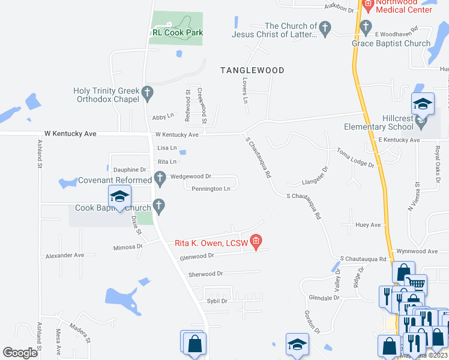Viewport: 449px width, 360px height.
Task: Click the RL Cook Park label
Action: [178, 32]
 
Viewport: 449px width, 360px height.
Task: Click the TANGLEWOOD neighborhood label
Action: [252, 70]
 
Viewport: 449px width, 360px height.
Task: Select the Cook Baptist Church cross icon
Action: [159, 206]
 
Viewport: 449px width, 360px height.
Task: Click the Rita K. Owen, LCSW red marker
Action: [256, 242]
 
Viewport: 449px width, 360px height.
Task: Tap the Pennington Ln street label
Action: [211, 189]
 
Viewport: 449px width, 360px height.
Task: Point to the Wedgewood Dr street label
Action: [191, 176]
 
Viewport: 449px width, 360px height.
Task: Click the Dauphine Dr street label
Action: [130, 170]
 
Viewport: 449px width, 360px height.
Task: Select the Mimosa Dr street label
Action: [127, 247]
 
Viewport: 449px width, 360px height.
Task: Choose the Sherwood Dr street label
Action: [205, 274]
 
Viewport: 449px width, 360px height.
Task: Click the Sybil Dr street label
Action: [217, 301]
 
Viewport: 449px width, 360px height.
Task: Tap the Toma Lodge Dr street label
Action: [355, 158]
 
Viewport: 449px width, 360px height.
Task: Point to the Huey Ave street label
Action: [368, 225]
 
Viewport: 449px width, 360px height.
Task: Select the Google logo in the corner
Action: [20, 353]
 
